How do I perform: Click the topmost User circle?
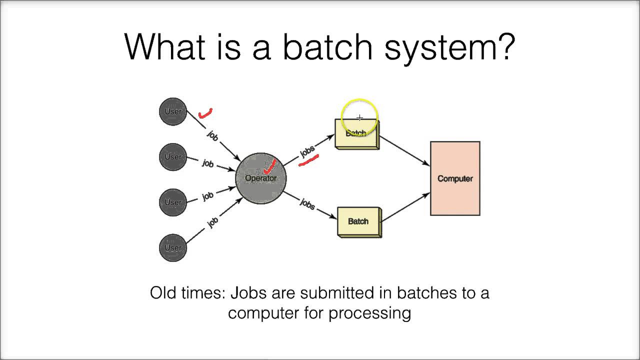coord(172,111)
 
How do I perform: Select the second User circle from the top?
coord(172,157)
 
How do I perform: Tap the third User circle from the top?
coord(172,202)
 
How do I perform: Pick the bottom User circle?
coord(172,248)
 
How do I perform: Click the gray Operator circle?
coord(260,178)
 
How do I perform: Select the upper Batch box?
coord(356,134)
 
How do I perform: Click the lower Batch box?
coord(358,221)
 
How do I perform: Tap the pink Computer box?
coord(455,178)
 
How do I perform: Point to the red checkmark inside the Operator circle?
coord(270,166)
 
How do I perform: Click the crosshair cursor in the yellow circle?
coord(359,118)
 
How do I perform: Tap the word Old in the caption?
coord(163,293)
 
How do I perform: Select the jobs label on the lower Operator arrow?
coord(307,203)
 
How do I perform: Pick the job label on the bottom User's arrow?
coord(213,222)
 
